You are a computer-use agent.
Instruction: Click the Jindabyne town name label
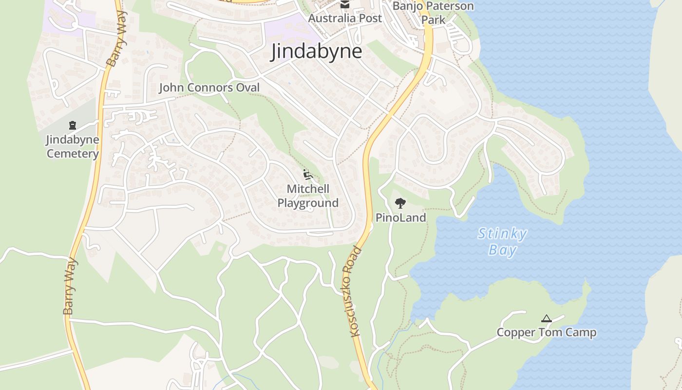pyautogui.click(x=316, y=51)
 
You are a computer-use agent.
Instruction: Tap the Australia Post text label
pyautogui.click(x=345, y=18)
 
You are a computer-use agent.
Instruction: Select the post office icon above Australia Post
pyautogui.click(x=345, y=4)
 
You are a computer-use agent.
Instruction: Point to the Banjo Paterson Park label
pyautogui.click(x=433, y=13)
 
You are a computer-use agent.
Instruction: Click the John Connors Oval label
pyautogui.click(x=209, y=88)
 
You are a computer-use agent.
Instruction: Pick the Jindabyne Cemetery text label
pyautogui.click(x=73, y=147)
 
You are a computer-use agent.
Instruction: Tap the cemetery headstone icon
pyautogui.click(x=73, y=125)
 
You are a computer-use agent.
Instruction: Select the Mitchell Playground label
pyautogui.click(x=308, y=196)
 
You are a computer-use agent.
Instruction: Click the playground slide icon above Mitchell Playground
pyautogui.click(x=307, y=174)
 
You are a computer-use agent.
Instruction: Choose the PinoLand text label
pyautogui.click(x=400, y=217)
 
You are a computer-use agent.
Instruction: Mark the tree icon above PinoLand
pyautogui.click(x=400, y=203)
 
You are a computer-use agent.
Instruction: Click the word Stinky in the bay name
pyautogui.click(x=502, y=234)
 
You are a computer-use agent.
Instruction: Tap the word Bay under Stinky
pyautogui.click(x=502, y=251)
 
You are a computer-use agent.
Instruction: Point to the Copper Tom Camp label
pyautogui.click(x=546, y=333)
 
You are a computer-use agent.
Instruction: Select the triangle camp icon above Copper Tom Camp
pyautogui.click(x=546, y=319)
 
